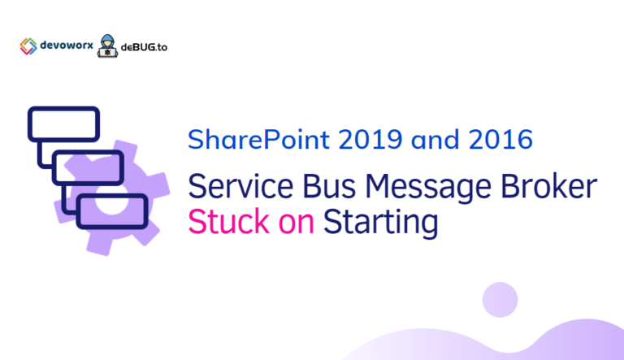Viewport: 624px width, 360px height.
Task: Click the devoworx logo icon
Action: tap(28, 46)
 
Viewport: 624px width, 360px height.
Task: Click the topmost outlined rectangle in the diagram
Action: tap(63, 124)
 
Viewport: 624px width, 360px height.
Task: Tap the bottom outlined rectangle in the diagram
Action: tap(112, 210)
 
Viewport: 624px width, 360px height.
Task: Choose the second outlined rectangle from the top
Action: tap(88, 167)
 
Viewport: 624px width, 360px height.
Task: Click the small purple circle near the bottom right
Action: tap(500, 300)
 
